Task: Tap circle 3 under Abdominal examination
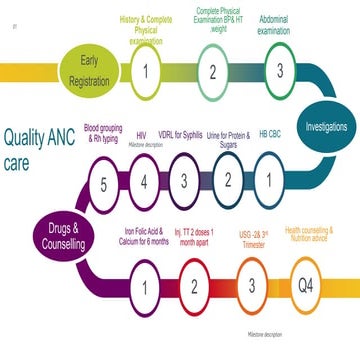coord(279,71)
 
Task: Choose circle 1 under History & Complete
coord(147,71)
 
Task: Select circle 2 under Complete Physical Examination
coord(212,71)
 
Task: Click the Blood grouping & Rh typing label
coord(105,133)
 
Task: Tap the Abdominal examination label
coord(274,25)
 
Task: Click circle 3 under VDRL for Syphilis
coord(185,181)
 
